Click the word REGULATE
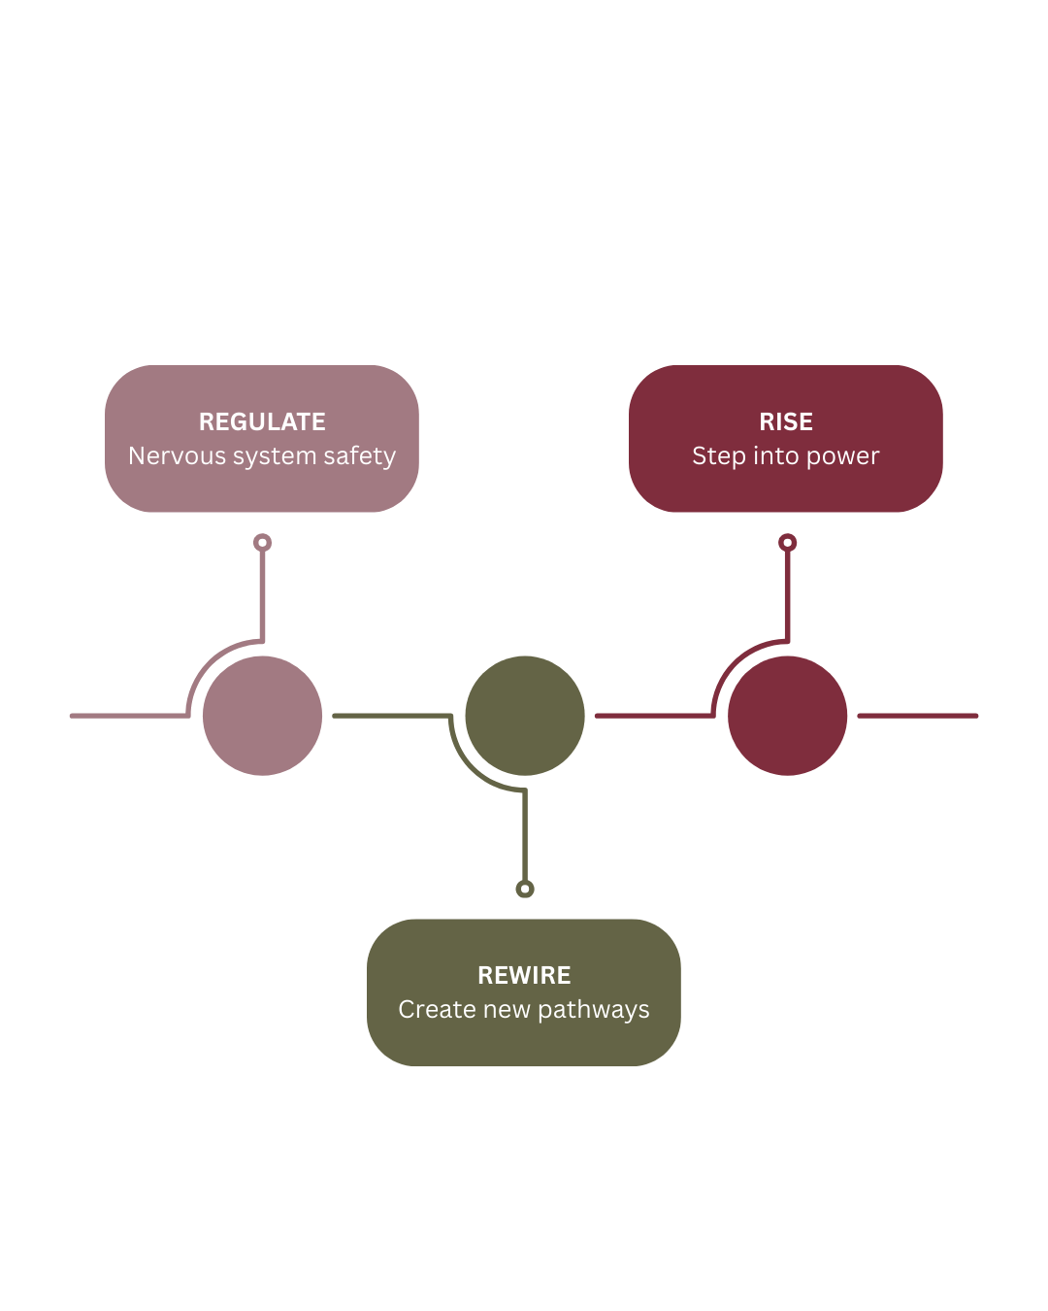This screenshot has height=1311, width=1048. [262, 422]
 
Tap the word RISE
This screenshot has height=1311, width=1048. [786, 422]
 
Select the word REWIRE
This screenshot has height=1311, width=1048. [524, 976]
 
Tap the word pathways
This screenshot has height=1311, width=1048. [593, 1011]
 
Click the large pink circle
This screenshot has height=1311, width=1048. [262, 716]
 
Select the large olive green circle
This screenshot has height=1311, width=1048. [525, 716]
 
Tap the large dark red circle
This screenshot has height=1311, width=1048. [787, 716]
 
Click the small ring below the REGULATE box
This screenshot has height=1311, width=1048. [262, 543]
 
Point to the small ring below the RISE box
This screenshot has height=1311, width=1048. [788, 543]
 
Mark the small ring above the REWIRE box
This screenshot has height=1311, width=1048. [525, 889]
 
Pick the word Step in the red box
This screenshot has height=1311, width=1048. [713, 456]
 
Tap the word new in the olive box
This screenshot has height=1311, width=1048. [507, 1011]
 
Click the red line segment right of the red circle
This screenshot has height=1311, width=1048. [917, 716]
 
